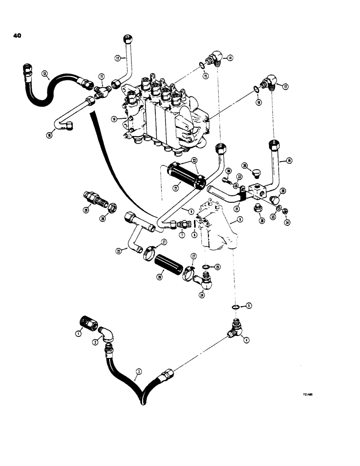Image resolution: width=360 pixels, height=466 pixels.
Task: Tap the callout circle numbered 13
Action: pos(44,73)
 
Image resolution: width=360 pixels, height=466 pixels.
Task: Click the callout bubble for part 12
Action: pos(118,58)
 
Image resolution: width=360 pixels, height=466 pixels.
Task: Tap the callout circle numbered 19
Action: pos(289,161)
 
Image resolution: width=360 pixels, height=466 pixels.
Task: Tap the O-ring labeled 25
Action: pos(205,267)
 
